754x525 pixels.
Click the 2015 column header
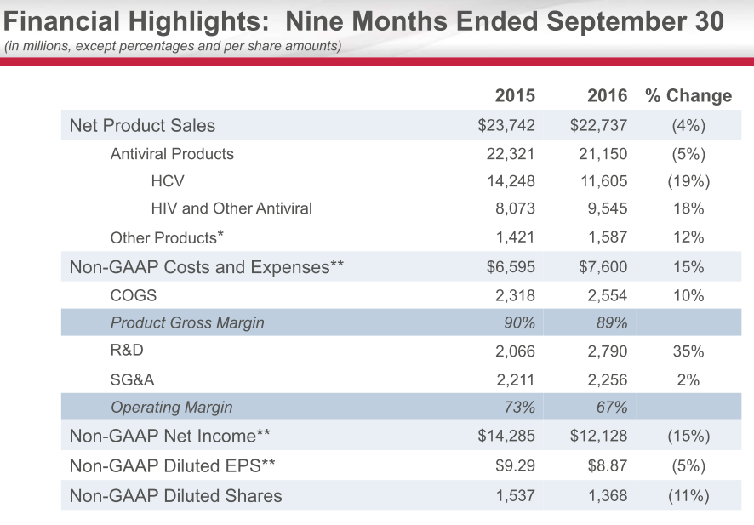click(515, 95)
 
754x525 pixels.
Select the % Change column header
click(688, 95)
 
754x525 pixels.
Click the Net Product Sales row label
click(142, 125)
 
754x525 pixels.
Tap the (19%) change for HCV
click(688, 180)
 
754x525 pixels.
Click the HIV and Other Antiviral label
click(231, 208)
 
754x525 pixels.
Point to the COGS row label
click(134, 295)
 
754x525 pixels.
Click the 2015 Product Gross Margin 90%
click(518, 322)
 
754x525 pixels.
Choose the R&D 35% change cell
click(688, 351)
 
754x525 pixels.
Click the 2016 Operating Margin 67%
click(611, 407)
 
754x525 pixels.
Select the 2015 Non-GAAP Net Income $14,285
click(506, 436)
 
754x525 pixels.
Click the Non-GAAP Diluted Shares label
click(175, 495)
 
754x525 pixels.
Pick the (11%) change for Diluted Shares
click(688, 495)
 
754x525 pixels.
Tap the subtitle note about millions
click(173, 45)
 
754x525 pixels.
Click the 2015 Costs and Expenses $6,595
click(511, 266)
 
